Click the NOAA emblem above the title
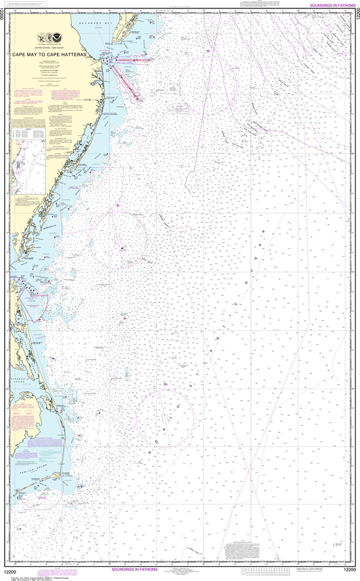click(x=43, y=39)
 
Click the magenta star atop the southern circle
click(x=165, y=385)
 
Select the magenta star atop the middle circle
click(x=118, y=205)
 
